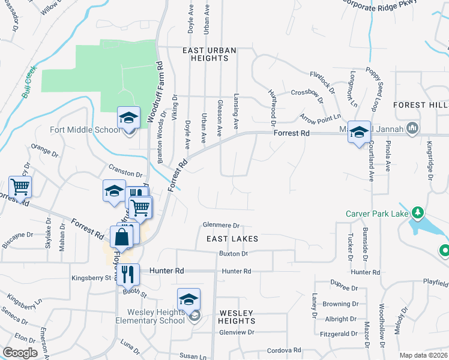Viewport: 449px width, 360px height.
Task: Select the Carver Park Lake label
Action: (376, 214)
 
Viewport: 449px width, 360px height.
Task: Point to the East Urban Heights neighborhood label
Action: (210, 54)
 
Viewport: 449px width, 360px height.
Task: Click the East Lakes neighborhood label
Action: (232, 239)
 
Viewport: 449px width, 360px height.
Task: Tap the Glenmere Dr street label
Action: (221, 226)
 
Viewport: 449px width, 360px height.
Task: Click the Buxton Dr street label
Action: (233, 254)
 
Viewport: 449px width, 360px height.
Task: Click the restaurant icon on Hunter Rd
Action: (128, 275)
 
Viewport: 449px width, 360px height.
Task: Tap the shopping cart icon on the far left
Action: (20, 188)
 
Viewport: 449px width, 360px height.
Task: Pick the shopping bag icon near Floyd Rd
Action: (121, 237)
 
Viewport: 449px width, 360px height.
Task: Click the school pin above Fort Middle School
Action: (128, 118)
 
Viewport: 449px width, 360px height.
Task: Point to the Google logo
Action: (20, 353)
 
